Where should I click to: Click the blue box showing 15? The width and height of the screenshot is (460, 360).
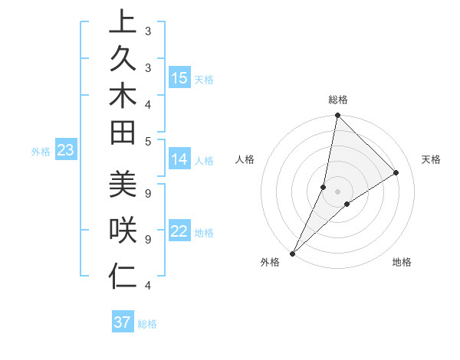(179, 78)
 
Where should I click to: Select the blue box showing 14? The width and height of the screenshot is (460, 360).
(179, 160)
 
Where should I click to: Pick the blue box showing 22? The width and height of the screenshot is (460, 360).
(179, 232)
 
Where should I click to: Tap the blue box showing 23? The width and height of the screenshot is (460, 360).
(65, 151)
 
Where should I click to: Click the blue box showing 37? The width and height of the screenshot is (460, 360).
(123, 322)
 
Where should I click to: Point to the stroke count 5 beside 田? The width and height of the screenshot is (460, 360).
(147, 141)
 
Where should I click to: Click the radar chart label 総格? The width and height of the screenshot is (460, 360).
(337, 100)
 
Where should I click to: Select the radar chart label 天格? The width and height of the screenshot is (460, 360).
(431, 159)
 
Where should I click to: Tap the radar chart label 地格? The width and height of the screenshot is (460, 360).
(402, 262)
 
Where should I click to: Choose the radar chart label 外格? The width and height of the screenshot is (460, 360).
(270, 262)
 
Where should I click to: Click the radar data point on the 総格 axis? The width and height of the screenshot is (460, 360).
(337, 115)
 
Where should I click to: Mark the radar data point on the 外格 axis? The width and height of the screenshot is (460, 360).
(293, 253)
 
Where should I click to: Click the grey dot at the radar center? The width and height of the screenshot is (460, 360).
(337, 191)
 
